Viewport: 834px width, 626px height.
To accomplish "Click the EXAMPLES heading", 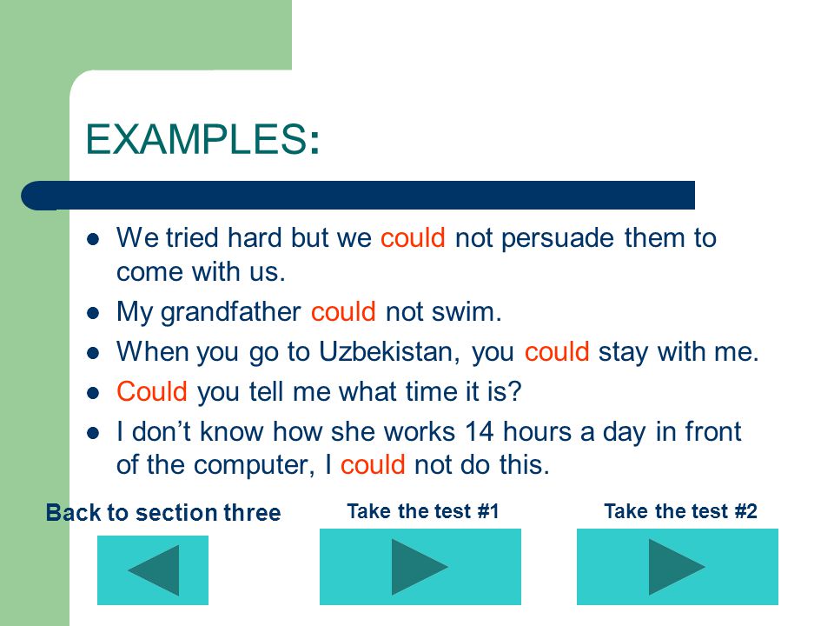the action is [202, 139].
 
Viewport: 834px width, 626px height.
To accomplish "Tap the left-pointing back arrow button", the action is [153, 570].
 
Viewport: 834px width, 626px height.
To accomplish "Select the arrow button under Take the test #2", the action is [678, 566].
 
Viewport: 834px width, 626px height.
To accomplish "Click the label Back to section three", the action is [163, 513].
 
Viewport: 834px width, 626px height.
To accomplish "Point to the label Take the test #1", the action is [423, 511].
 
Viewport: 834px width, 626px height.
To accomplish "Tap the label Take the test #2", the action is [680, 511].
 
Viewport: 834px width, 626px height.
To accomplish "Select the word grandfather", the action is [231, 312].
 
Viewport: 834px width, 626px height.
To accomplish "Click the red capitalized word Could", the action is [152, 392].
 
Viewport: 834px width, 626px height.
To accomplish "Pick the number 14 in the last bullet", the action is [480, 431].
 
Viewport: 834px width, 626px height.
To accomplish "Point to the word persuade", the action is [558, 238].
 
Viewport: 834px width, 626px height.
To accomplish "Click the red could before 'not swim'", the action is [343, 312].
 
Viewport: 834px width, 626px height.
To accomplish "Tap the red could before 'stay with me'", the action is [557, 352].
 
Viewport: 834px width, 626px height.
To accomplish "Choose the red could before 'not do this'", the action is [373, 464].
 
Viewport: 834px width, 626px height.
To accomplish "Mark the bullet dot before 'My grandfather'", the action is [93, 313].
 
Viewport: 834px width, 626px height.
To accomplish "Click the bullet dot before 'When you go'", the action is [93, 353].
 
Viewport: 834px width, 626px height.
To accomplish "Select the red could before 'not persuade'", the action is [413, 238].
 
